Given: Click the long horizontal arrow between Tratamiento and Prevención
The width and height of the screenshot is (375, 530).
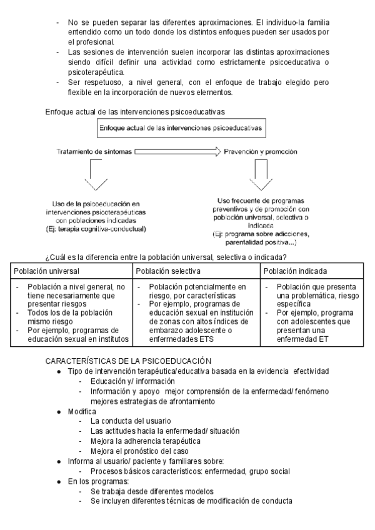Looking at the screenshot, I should pos(177,151).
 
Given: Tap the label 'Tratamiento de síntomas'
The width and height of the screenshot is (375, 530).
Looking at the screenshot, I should pos(94,151).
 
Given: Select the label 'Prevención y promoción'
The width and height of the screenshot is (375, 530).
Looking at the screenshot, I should pos(261,151).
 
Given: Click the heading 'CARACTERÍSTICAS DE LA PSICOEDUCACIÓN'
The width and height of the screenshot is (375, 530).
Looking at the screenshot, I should pos(128,361).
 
